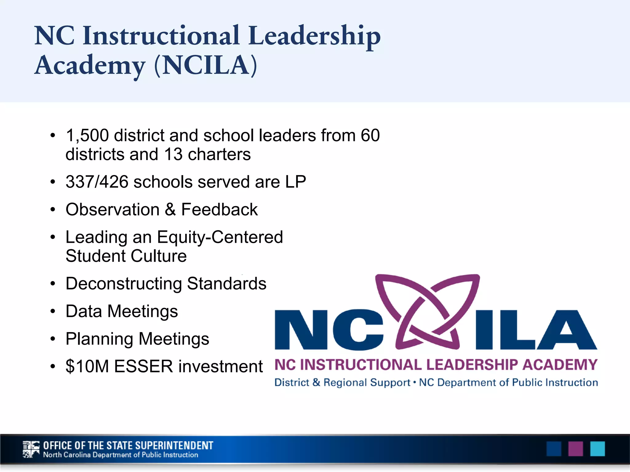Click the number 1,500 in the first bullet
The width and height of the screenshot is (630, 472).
pyautogui.click(x=87, y=136)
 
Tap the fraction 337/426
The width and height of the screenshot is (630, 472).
pyautogui.click(x=97, y=182)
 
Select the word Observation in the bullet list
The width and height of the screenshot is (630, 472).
pyautogui.click(x=113, y=210)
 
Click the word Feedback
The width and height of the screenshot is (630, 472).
pyautogui.click(x=219, y=210)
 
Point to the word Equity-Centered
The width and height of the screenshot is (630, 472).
pyautogui.click(x=220, y=238)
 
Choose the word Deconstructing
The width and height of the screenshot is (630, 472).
pyautogui.click(x=124, y=284)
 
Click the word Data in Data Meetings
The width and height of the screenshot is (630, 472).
pyautogui.click(x=84, y=311)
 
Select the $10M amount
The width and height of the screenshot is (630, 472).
pyautogui.click(x=87, y=367)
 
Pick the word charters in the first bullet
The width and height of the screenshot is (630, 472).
pyautogui.click(x=219, y=154)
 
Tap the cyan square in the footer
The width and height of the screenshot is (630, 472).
pyautogui.click(x=597, y=449)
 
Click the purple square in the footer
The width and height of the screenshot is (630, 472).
pyautogui.click(x=576, y=449)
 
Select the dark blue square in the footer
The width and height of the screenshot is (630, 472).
pyautogui.click(x=554, y=449)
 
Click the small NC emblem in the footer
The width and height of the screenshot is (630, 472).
pyautogui.click(x=31, y=449)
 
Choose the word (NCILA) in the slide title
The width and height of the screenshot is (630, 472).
pyautogui.click(x=205, y=65)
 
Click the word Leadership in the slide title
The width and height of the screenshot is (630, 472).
pyautogui.click(x=314, y=36)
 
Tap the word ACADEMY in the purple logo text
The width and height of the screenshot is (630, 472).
pyautogui.click(x=560, y=365)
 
